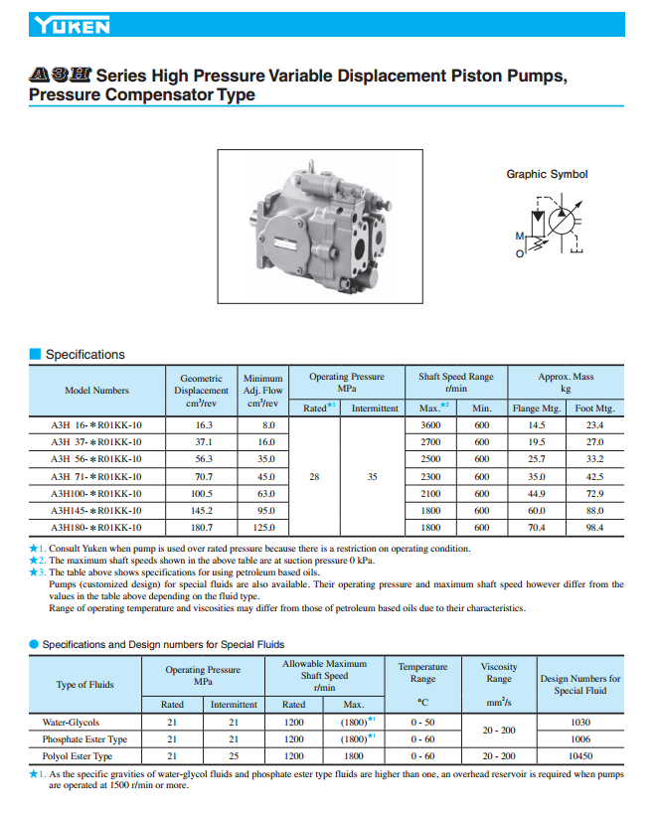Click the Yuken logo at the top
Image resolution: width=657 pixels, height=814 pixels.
click(71, 25)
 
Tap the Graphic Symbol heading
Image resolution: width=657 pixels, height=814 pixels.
click(547, 174)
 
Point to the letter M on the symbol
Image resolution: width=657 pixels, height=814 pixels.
click(519, 237)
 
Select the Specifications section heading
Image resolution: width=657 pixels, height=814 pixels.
click(85, 355)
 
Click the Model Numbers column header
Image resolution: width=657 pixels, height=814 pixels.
click(96, 391)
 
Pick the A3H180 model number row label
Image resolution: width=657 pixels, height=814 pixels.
click(96, 528)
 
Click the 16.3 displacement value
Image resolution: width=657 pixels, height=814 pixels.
click(203, 425)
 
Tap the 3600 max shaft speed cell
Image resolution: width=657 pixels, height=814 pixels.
click(430, 425)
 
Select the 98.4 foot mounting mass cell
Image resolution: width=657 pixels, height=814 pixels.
click(594, 528)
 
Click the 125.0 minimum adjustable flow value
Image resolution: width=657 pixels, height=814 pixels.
click(263, 528)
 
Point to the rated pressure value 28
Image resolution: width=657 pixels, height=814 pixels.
click(314, 477)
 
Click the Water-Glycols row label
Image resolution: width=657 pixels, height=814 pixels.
click(71, 722)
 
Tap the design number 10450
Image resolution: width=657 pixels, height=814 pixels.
click(580, 756)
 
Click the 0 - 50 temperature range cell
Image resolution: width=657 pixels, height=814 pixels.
click(422, 722)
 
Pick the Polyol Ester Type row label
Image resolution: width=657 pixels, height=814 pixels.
click(78, 756)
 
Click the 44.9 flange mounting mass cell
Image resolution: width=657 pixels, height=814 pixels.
click(537, 494)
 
